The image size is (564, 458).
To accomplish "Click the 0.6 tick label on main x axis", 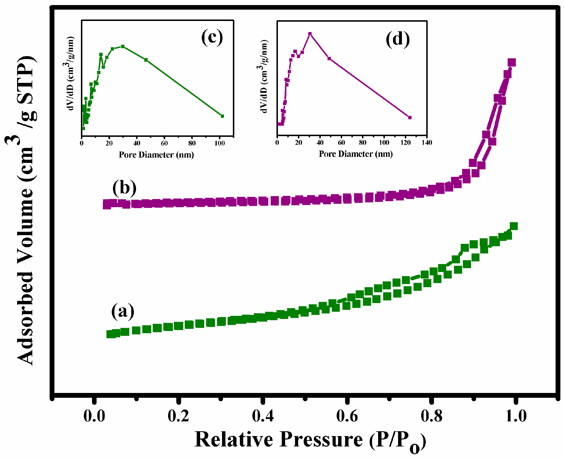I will (347, 416).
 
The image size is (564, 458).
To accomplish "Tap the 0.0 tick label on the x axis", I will (94, 416).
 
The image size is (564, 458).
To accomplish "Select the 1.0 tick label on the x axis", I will (516, 416).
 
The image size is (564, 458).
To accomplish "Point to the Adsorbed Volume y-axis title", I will (25, 211).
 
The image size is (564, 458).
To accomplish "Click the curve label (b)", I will (124, 188).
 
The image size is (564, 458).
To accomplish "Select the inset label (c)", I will (212, 37).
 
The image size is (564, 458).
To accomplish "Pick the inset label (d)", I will (397, 39).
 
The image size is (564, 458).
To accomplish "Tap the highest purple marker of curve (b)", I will (512, 63).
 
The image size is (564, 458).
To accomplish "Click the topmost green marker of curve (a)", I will (514, 226).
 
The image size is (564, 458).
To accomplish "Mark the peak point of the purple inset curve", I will (310, 34).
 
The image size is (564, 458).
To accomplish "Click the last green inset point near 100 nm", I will (222, 116).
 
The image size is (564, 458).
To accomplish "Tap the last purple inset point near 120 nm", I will (410, 118).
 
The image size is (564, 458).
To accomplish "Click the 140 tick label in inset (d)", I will (427, 143).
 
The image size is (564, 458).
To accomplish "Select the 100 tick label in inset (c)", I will (219, 143).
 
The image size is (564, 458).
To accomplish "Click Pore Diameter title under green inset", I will (156, 155).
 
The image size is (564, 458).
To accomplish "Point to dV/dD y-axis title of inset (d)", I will (264, 77).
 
